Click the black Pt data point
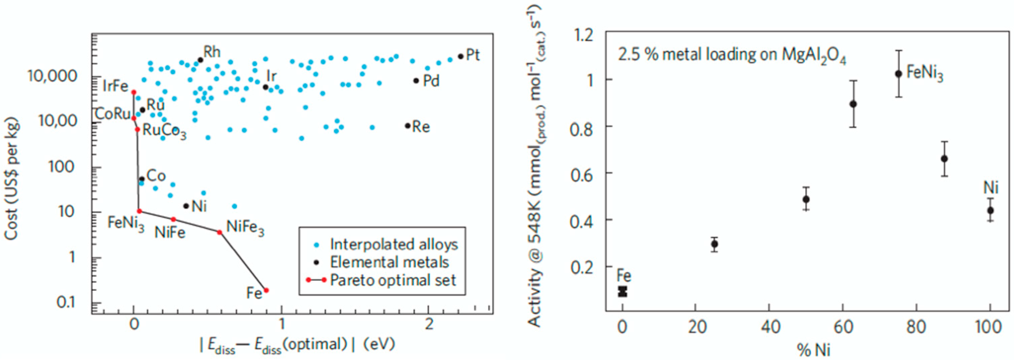coord(460,56)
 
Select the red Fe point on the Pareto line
coord(266,290)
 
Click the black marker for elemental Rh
coord(200,60)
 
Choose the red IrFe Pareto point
coord(133,92)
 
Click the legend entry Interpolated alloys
coord(394,245)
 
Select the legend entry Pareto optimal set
coord(393,280)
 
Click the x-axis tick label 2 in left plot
coord(429,324)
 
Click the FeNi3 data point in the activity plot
coord(898,74)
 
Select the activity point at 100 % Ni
coord(991,211)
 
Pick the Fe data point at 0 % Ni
coord(622,292)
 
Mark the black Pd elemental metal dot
coord(416,81)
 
